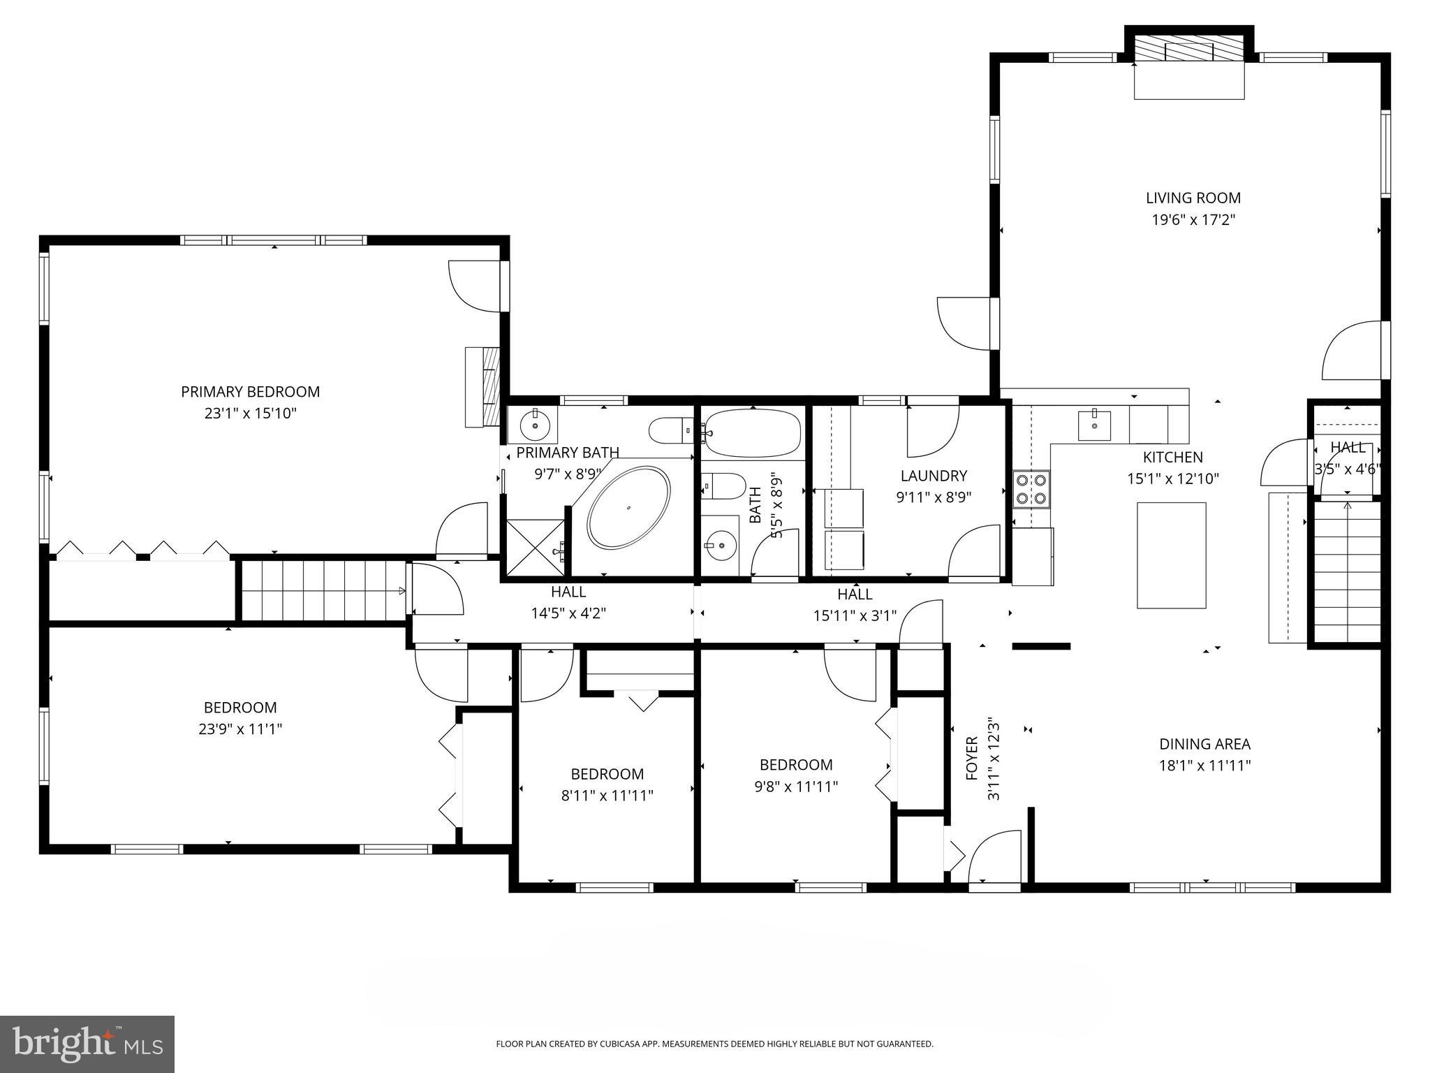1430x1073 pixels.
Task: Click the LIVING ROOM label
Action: coord(1193,198)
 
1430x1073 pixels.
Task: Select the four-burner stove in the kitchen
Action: coord(1031,489)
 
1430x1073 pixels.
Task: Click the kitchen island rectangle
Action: coord(1171,555)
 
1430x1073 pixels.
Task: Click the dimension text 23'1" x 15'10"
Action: coord(250,414)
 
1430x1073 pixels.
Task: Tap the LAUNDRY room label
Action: coord(934,476)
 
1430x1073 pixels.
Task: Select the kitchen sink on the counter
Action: coord(1094,425)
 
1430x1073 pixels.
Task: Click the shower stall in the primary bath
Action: coord(534,546)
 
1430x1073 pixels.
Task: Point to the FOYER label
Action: coord(971,758)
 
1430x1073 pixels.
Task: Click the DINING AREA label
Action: coord(1204,744)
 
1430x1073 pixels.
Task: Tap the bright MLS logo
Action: coord(87,1044)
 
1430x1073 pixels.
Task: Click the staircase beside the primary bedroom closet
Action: coord(323,590)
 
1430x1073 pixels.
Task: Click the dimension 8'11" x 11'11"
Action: coord(607,795)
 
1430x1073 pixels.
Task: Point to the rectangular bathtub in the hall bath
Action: coord(752,432)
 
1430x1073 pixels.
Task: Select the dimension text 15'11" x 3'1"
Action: coord(855,616)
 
